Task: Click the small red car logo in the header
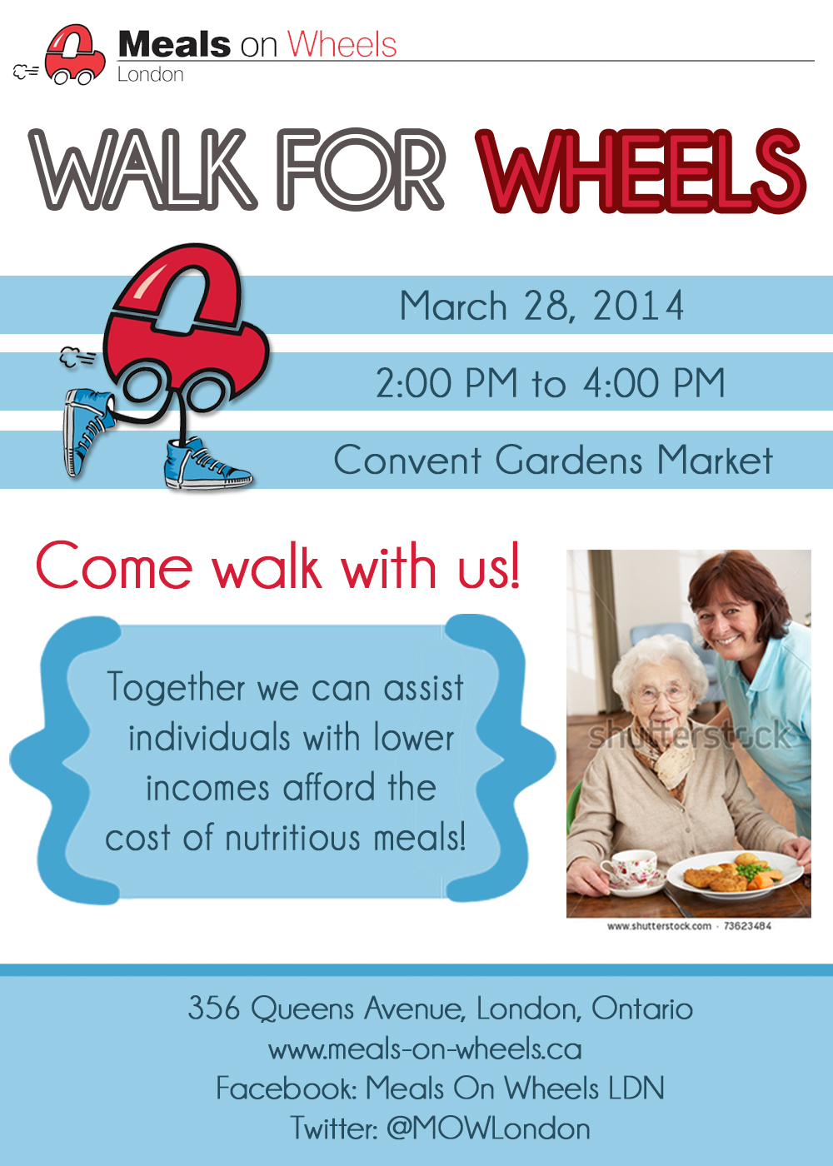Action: (x=74, y=55)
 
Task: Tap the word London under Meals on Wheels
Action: (x=151, y=74)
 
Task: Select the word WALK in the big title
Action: (x=142, y=170)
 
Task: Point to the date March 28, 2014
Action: (x=541, y=306)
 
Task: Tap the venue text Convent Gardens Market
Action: (x=553, y=460)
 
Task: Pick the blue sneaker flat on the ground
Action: (x=207, y=463)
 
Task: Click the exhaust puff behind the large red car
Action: (x=77, y=357)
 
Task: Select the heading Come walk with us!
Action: (x=277, y=566)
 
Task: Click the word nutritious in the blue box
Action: (x=292, y=839)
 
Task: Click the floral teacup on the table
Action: (x=629, y=869)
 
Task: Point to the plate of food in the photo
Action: (x=735, y=874)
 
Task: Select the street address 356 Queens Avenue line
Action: (x=441, y=1008)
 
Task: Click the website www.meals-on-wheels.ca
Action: (x=425, y=1049)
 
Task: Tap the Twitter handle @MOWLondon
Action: (x=488, y=1129)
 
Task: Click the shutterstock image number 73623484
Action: (x=747, y=926)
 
